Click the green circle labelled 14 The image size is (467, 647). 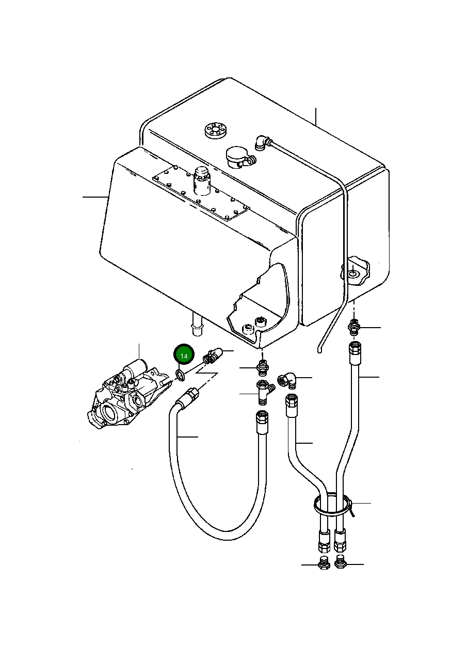click(x=184, y=355)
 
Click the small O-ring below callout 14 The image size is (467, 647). click(x=181, y=374)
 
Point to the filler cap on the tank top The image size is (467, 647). click(x=238, y=155)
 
